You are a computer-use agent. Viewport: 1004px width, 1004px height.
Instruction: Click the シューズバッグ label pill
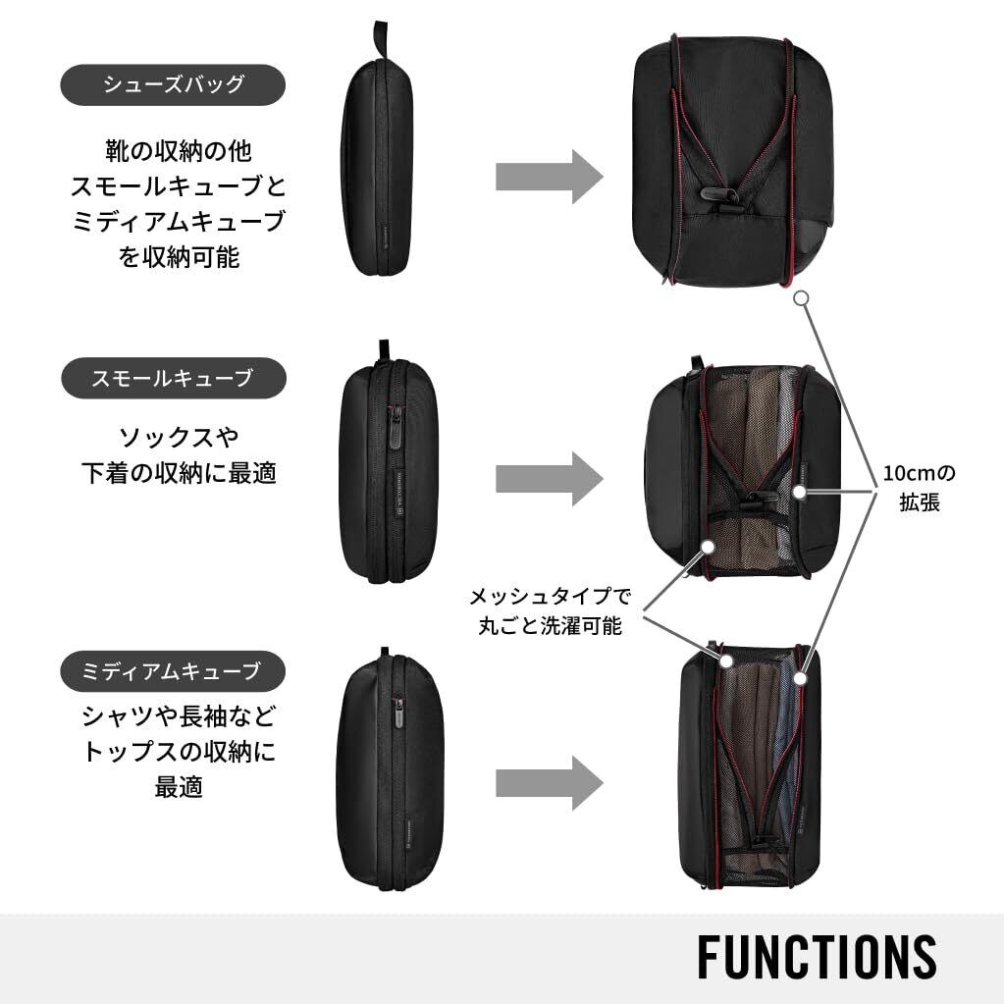click(x=174, y=84)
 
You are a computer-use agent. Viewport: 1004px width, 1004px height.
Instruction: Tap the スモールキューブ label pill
click(x=174, y=377)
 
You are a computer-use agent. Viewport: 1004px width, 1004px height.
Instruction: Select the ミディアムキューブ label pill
click(x=174, y=671)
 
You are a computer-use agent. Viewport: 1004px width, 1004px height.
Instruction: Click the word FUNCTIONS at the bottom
click(x=817, y=956)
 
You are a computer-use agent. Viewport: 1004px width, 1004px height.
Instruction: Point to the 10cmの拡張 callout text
click(x=920, y=488)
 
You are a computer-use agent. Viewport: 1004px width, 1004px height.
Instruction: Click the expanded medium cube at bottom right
click(x=752, y=766)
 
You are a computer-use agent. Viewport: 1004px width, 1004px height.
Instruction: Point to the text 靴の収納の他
click(x=178, y=151)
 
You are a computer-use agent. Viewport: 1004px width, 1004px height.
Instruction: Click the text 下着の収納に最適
click(x=178, y=472)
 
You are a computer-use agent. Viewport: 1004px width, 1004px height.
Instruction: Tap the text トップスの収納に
click(x=178, y=752)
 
